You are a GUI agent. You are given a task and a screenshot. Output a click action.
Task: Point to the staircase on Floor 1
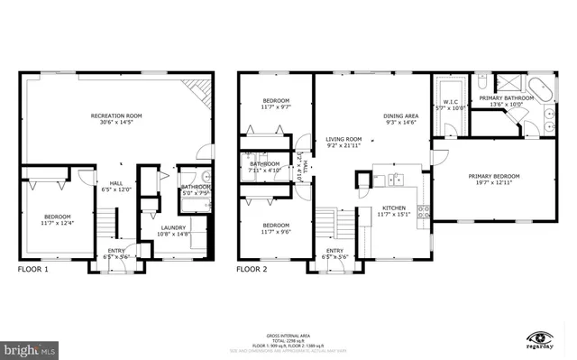[x=107, y=221]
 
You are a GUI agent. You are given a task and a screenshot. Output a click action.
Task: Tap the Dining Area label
[x=400, y=116]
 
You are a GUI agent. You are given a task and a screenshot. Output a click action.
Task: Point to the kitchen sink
[x=395, y=180]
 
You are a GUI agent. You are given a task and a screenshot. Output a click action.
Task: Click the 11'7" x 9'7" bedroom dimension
[x=275, y=107]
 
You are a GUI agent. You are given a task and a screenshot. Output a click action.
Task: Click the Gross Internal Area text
[x=288, y=309]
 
